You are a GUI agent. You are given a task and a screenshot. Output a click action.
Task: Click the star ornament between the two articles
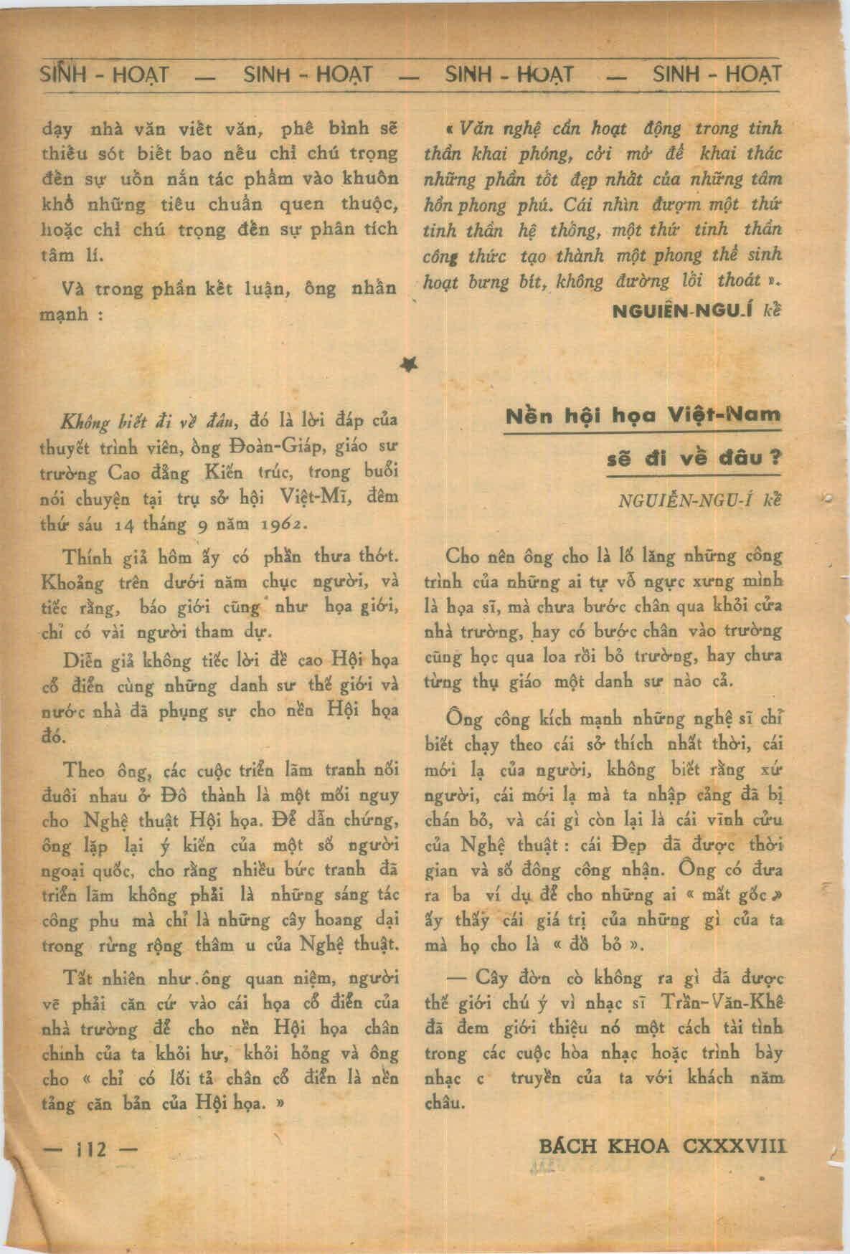pos(411,366)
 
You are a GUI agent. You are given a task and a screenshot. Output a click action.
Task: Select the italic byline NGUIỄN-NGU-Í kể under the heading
pos(699,500)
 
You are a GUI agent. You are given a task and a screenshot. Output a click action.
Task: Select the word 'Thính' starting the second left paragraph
pos(85,558)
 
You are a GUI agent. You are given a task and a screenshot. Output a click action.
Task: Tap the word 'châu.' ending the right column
pos(445,1104)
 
